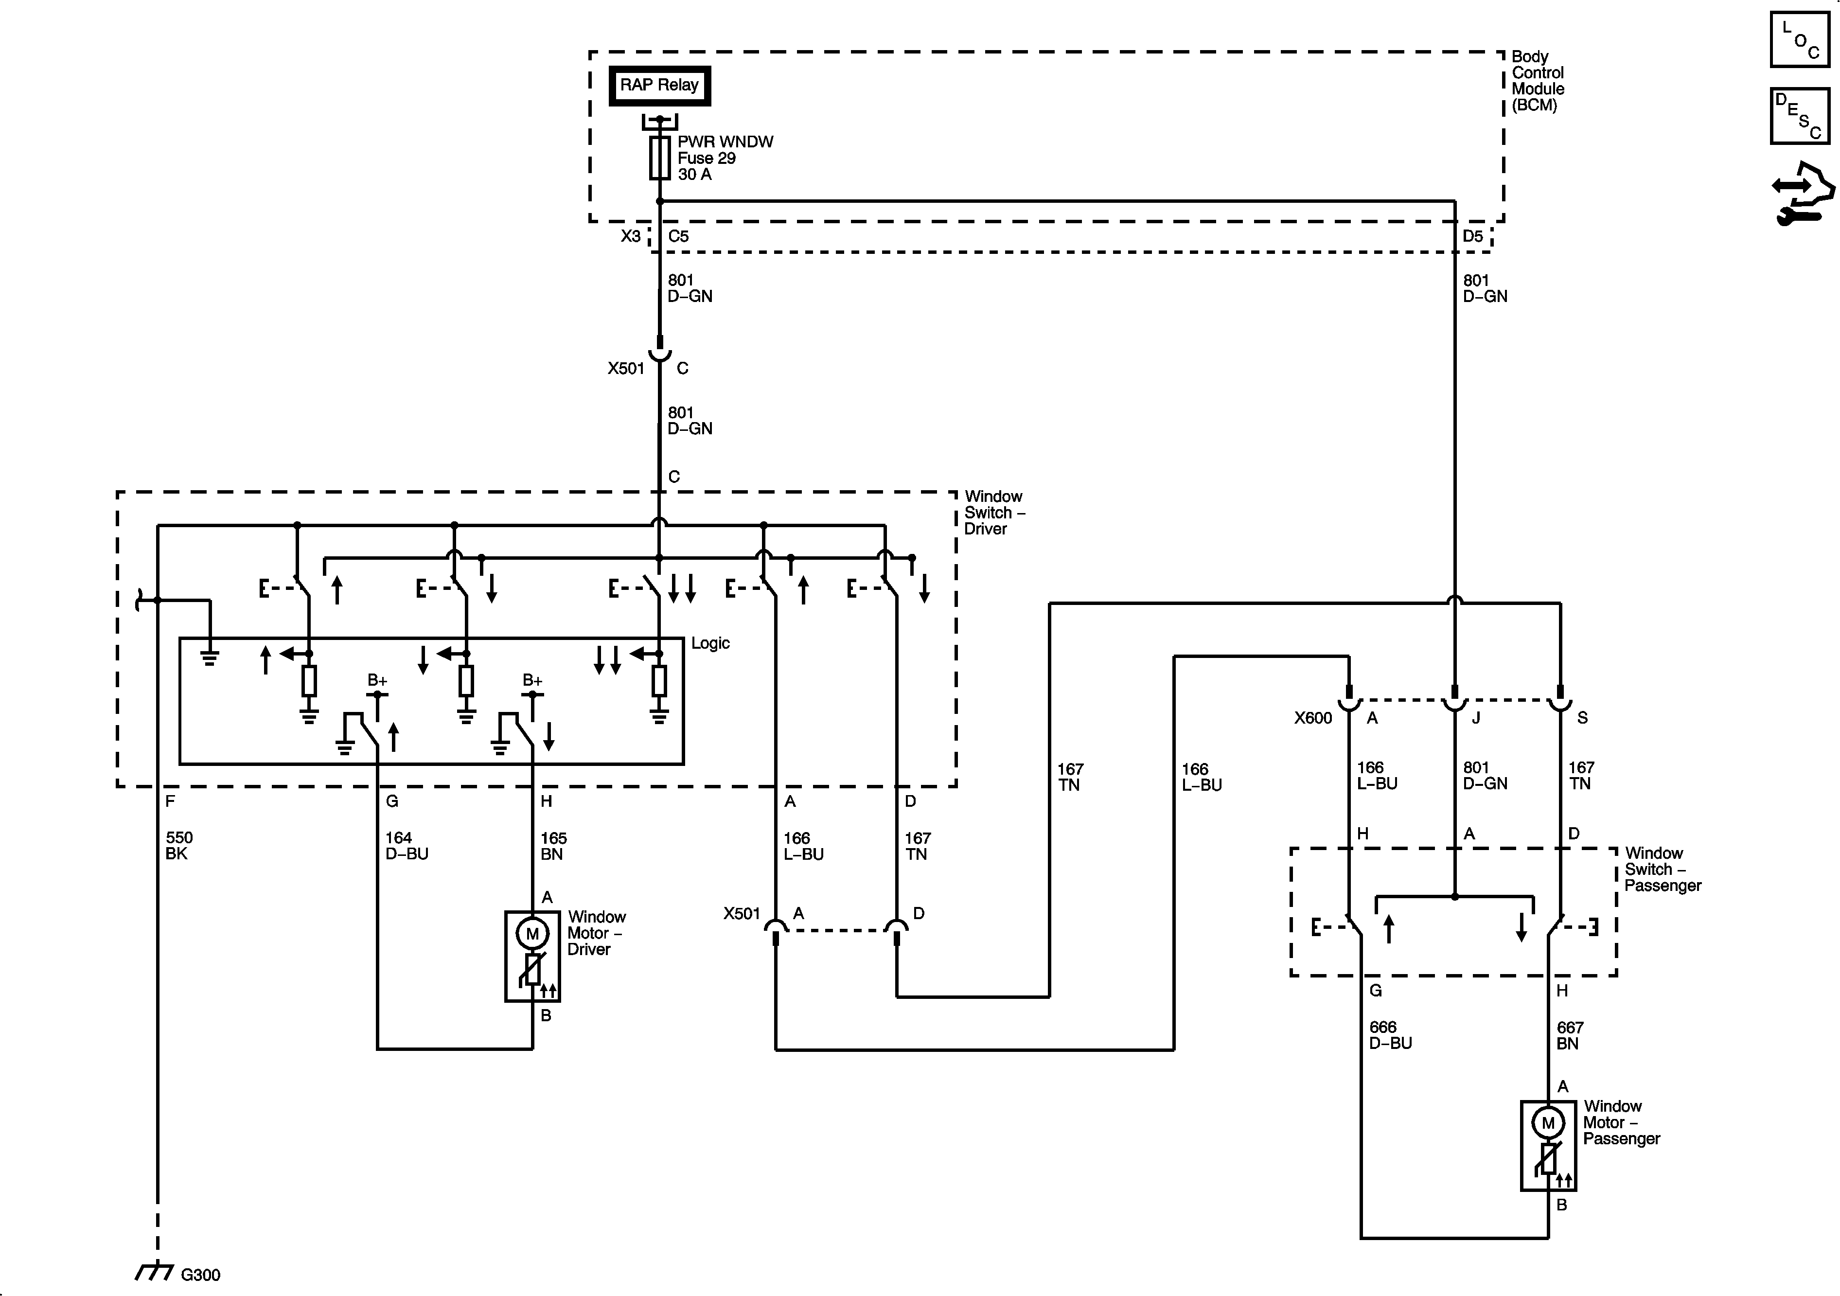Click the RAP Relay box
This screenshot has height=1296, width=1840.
click(x=659, y=85)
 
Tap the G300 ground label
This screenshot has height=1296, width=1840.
click(x=200, y=1275)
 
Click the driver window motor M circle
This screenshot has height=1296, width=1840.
click(x=532, y=933)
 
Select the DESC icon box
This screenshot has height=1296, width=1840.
click(x=1800, y=116)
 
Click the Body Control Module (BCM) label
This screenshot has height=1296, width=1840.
click(x=1537, y=81)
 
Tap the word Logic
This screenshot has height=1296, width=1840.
click(x=710, y=643)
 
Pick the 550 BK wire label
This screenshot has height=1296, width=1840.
click(x=179, y=846)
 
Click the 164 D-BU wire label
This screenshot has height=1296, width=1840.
click(x=407, y=846)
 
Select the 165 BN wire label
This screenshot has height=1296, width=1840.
click(x=553, y=846)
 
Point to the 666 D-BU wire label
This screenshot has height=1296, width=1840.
click(x=1390, y=1035)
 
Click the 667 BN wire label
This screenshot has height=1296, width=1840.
click(x=1570, y=1035)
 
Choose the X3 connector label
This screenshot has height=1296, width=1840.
click(x=631, y=236)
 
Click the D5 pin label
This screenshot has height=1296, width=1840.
click(x=1472, y=236)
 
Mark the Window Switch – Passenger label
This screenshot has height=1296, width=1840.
click(x=1662, y=870)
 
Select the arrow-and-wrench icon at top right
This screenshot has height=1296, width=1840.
click(x=1803, y=193)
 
